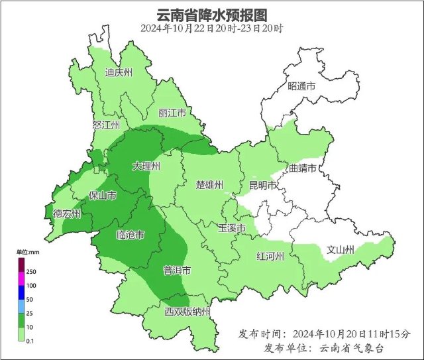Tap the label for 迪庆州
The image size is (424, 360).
coord(119,73)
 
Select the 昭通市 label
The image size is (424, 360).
coord(301,87)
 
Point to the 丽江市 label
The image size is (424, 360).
coord(172,113)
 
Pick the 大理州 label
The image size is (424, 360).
coord(146,166)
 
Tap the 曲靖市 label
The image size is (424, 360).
coord(304,168)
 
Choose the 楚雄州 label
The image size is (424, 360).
coord(210,184)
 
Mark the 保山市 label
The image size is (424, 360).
coord(103,196)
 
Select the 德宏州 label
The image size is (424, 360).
coord(67,213)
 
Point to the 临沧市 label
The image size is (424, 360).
coord(130,235)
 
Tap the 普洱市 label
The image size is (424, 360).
coord(177,270)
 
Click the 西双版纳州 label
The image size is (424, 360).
coord(187,312)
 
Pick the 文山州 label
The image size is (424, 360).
coord(341,250)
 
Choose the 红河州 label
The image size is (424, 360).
coord(270,257)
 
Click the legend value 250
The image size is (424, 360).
coord(31,272)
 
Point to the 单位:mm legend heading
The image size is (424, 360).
coord(28,253)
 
